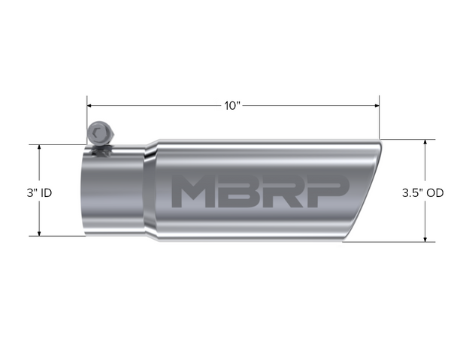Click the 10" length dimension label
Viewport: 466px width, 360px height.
pyautogui.click(x=232, y=105)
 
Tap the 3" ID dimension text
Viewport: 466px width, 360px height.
pyautogui.click(x=38, y=192)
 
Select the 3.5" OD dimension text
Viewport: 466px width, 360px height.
pyautogui.click(x=425, y=192)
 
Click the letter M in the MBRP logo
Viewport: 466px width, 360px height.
pyautogui.click(x=192, y=192)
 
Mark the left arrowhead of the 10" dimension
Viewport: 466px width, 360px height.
pyautogui.click(x=91, y=105)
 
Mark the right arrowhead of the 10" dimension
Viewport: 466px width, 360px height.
pyautogui.click(x=375, y=105)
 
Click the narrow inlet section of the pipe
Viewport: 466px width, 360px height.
pyautogui.click(x=113, y=195)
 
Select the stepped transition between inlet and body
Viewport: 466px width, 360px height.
pyautogui.click(x=150, y=192)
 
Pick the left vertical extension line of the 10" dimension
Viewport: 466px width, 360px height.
pyautogui.click(x=87, y=120)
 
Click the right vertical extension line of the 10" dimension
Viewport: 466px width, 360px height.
pyautogui.click(x=379, y=116)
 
